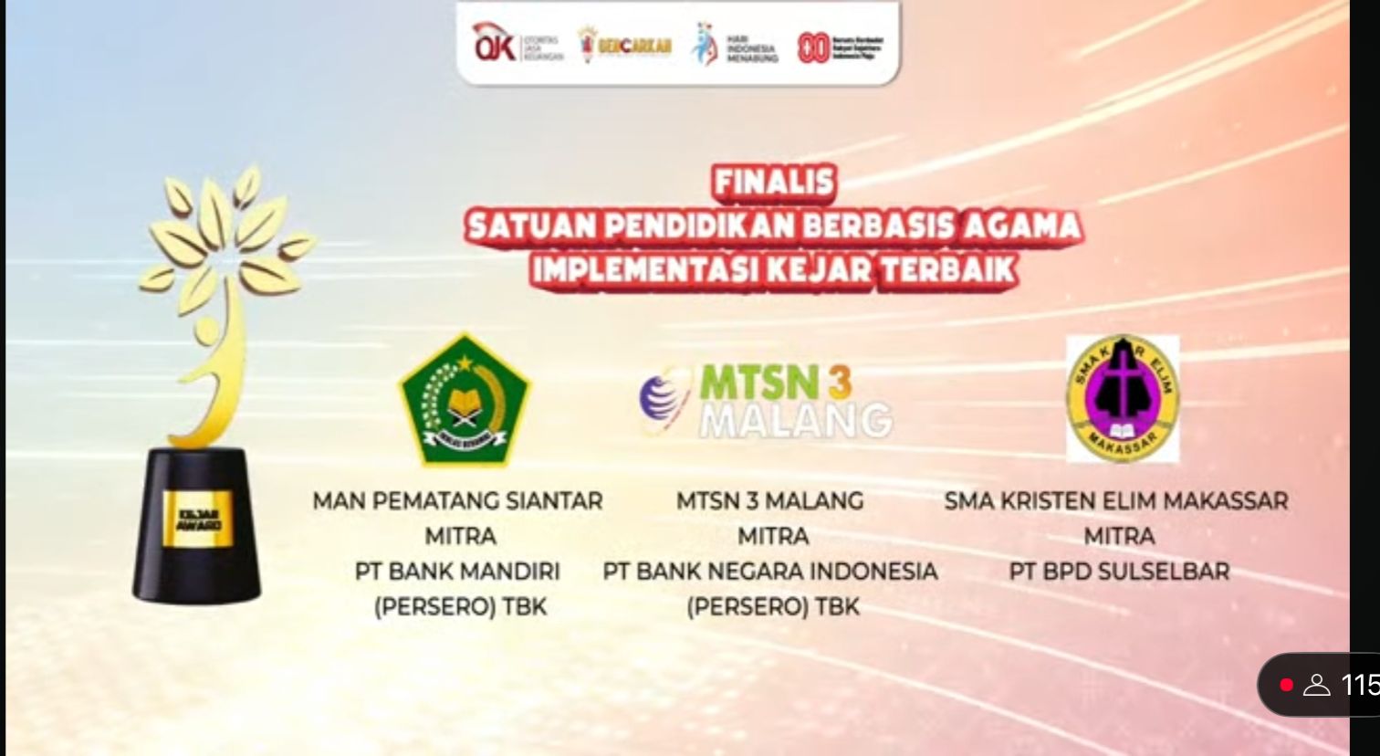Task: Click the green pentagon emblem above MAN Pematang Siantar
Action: point(465,400)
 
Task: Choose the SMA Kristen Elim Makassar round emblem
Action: point(1123,398)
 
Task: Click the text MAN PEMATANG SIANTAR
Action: point(457,501)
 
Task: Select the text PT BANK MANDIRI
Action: point(457,572)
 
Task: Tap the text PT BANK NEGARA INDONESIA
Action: point(769,572)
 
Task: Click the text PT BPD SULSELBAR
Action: point(1119,572)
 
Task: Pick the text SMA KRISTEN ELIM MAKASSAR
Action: point(1116,501)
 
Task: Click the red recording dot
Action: point(1286,685)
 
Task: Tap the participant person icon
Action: point(1316,685)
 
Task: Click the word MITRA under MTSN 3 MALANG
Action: point(772,536)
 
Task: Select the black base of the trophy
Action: point(196,566)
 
